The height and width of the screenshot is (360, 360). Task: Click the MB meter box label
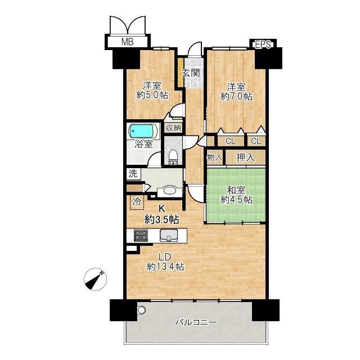pos(128,42)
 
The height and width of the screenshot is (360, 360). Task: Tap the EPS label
pos(263,44)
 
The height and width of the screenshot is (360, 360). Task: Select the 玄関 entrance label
pos(191,73)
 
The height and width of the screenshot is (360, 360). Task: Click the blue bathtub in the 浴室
pos(141,131)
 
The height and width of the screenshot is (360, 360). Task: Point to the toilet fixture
pos(173,157)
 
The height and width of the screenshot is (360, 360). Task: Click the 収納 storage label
pos(174,128)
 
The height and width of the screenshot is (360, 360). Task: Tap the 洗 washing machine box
pos(133,174)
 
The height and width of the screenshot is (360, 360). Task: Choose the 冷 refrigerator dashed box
pos(137,202)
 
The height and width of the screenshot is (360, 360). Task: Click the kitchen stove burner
pos(141,236)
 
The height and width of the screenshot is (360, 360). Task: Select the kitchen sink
pos(169,235)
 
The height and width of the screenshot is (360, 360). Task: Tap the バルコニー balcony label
pos(196,322)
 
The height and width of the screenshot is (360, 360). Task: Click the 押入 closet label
pos(245,157)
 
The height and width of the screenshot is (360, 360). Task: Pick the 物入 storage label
pos(215,157)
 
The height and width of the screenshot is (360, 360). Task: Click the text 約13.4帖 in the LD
pos(165,267)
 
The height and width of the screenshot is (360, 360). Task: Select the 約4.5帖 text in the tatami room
pos(236,200)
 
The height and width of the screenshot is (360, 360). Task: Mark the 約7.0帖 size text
pos(236,96)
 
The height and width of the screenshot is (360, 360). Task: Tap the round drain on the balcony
pos(141,310)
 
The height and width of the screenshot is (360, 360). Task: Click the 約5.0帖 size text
pos(152,95)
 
